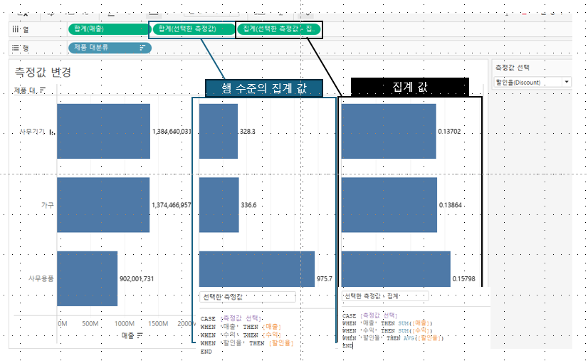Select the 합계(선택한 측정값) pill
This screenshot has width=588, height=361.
pos(191,29)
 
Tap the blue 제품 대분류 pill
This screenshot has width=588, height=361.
pos(110,48)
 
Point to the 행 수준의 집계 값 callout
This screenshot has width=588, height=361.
pos(264,88)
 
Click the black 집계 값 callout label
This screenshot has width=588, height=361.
pos(409,86)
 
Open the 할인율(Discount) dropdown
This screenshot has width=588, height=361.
pos(532,83)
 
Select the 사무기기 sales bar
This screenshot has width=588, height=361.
pos(103,131)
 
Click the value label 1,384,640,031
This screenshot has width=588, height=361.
pos(172,132)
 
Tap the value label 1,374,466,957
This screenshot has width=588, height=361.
pos(172,205)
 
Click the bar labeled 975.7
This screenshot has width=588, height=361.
pos(256,269)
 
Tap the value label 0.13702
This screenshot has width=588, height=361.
pos(450,132)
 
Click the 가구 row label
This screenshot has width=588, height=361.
pos(48,205)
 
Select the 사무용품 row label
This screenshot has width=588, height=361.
pos(41,278)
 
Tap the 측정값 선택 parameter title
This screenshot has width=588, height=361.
pos(513,68)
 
